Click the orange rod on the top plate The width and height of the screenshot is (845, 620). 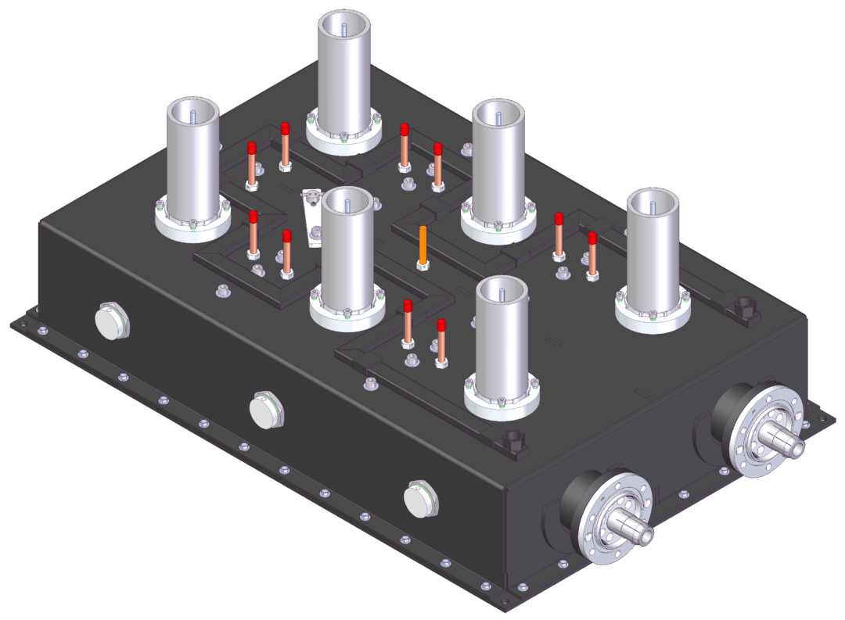pyautogui.click(x=423, y=244)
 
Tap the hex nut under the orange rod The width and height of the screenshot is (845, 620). pyautogui.click(x=423, y=265)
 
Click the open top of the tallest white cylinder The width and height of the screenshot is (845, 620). pyautogui.click(x=344, y=27)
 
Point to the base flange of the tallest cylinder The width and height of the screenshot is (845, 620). pyautogui.click(x=344, y=141)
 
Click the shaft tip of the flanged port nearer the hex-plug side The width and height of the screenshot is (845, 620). pyautogui.click(x=642, y=534)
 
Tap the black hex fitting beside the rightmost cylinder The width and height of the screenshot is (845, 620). pyautogui.click(x=742, y=303)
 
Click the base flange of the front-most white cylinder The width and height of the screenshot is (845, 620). pyautogui.click(x=502, y=402)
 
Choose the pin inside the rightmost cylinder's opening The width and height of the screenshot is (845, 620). pyautogui.click(x=653, y=206)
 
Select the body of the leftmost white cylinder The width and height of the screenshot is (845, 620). pyautogui.click(x=192, y=164)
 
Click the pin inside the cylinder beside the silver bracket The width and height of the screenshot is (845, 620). pyautogui.click(x=347, y=206)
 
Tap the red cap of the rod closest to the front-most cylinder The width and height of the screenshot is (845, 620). pyautogui.click(x=441, y=324)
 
